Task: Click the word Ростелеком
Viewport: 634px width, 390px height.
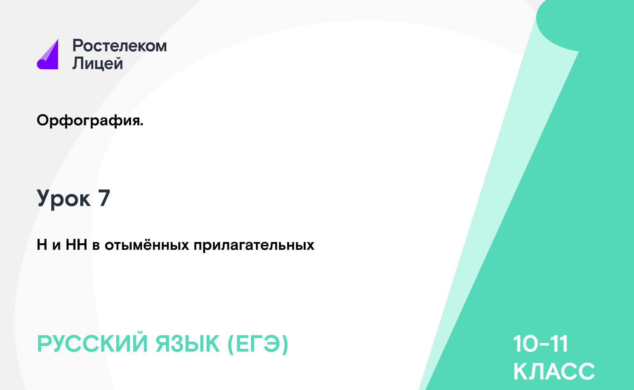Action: (119, 46)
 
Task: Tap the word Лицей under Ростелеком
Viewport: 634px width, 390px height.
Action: (98, 63)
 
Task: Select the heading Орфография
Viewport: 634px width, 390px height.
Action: (90, 121)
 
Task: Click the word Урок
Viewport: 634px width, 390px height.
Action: (64, 199)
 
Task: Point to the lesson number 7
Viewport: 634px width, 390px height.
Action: (104, 198)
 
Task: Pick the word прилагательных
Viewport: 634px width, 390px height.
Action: (254, 245)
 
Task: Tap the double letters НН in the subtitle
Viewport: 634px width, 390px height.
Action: (76, 245)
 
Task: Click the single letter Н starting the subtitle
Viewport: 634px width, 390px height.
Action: (42, 245)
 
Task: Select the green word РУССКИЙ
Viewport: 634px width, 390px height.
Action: (92, 344)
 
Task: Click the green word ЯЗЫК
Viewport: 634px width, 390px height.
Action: (187, 344)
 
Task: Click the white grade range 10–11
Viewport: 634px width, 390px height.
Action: (540, 344)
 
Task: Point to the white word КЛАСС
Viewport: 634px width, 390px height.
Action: (554, 371)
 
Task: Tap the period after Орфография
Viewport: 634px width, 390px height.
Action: (142, 125)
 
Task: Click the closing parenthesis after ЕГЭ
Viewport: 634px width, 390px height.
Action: (285, 345)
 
